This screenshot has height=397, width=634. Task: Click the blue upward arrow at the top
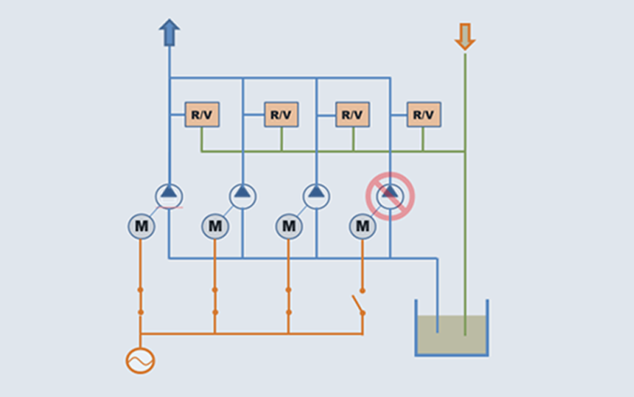[x=169, y=32]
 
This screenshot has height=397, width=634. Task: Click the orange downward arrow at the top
[x=465, y=36]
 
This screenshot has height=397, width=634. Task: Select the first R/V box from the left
[x=202, y=114]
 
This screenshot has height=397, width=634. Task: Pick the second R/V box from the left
[x=281, y=114]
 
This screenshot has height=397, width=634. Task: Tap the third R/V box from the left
[x=352, y=114]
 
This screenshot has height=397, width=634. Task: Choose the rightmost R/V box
[x=424, y=114]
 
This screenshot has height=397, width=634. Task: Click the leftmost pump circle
[x=169, y=196]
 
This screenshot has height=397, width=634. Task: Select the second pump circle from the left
[x=243, y=196]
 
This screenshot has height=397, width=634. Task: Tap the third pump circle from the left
[x=316, y=196]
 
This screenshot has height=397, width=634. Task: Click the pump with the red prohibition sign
[x=390, y=196]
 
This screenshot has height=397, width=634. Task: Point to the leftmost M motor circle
[x=141, y=227]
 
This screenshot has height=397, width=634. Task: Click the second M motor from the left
[x=215, y=227]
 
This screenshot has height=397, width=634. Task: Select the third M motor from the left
[x=288, y=227]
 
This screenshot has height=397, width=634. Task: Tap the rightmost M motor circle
[x=362, y=227]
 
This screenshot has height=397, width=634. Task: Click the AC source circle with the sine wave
[x=140, y=360]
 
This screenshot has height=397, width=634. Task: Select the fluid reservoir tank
[x=452, y=333]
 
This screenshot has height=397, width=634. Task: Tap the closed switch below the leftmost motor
[x=140, y=301]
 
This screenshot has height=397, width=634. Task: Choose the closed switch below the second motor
[x=215, y=301]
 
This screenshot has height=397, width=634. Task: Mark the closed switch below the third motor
[x=288, y=301]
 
